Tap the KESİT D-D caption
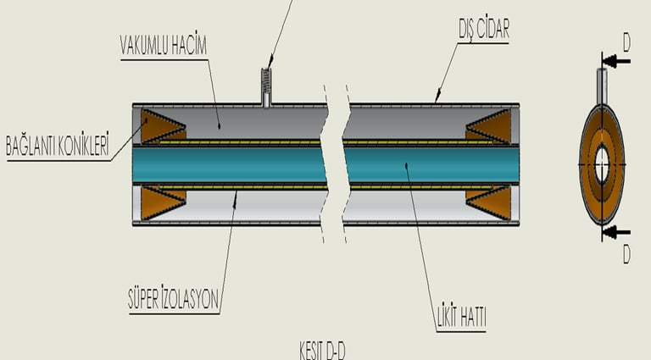coord(322,351)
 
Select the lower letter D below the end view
coord(626,253)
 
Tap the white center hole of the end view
coord(602,164)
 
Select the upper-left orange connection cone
coord(161,126)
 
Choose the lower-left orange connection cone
coord(161,202)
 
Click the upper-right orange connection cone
coord(491,127)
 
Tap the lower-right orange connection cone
coord(491,202)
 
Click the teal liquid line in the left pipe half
coord(229,164)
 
